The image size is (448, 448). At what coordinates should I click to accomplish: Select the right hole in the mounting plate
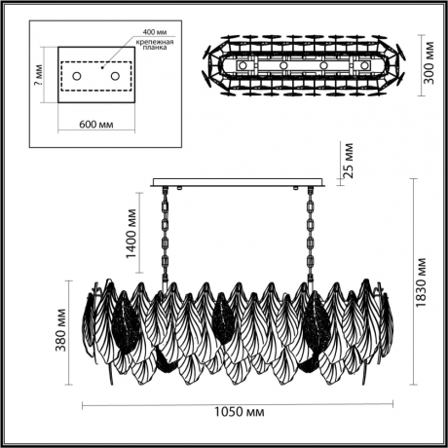point(113,76)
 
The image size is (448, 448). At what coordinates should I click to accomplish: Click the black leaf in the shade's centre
point(222,322)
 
